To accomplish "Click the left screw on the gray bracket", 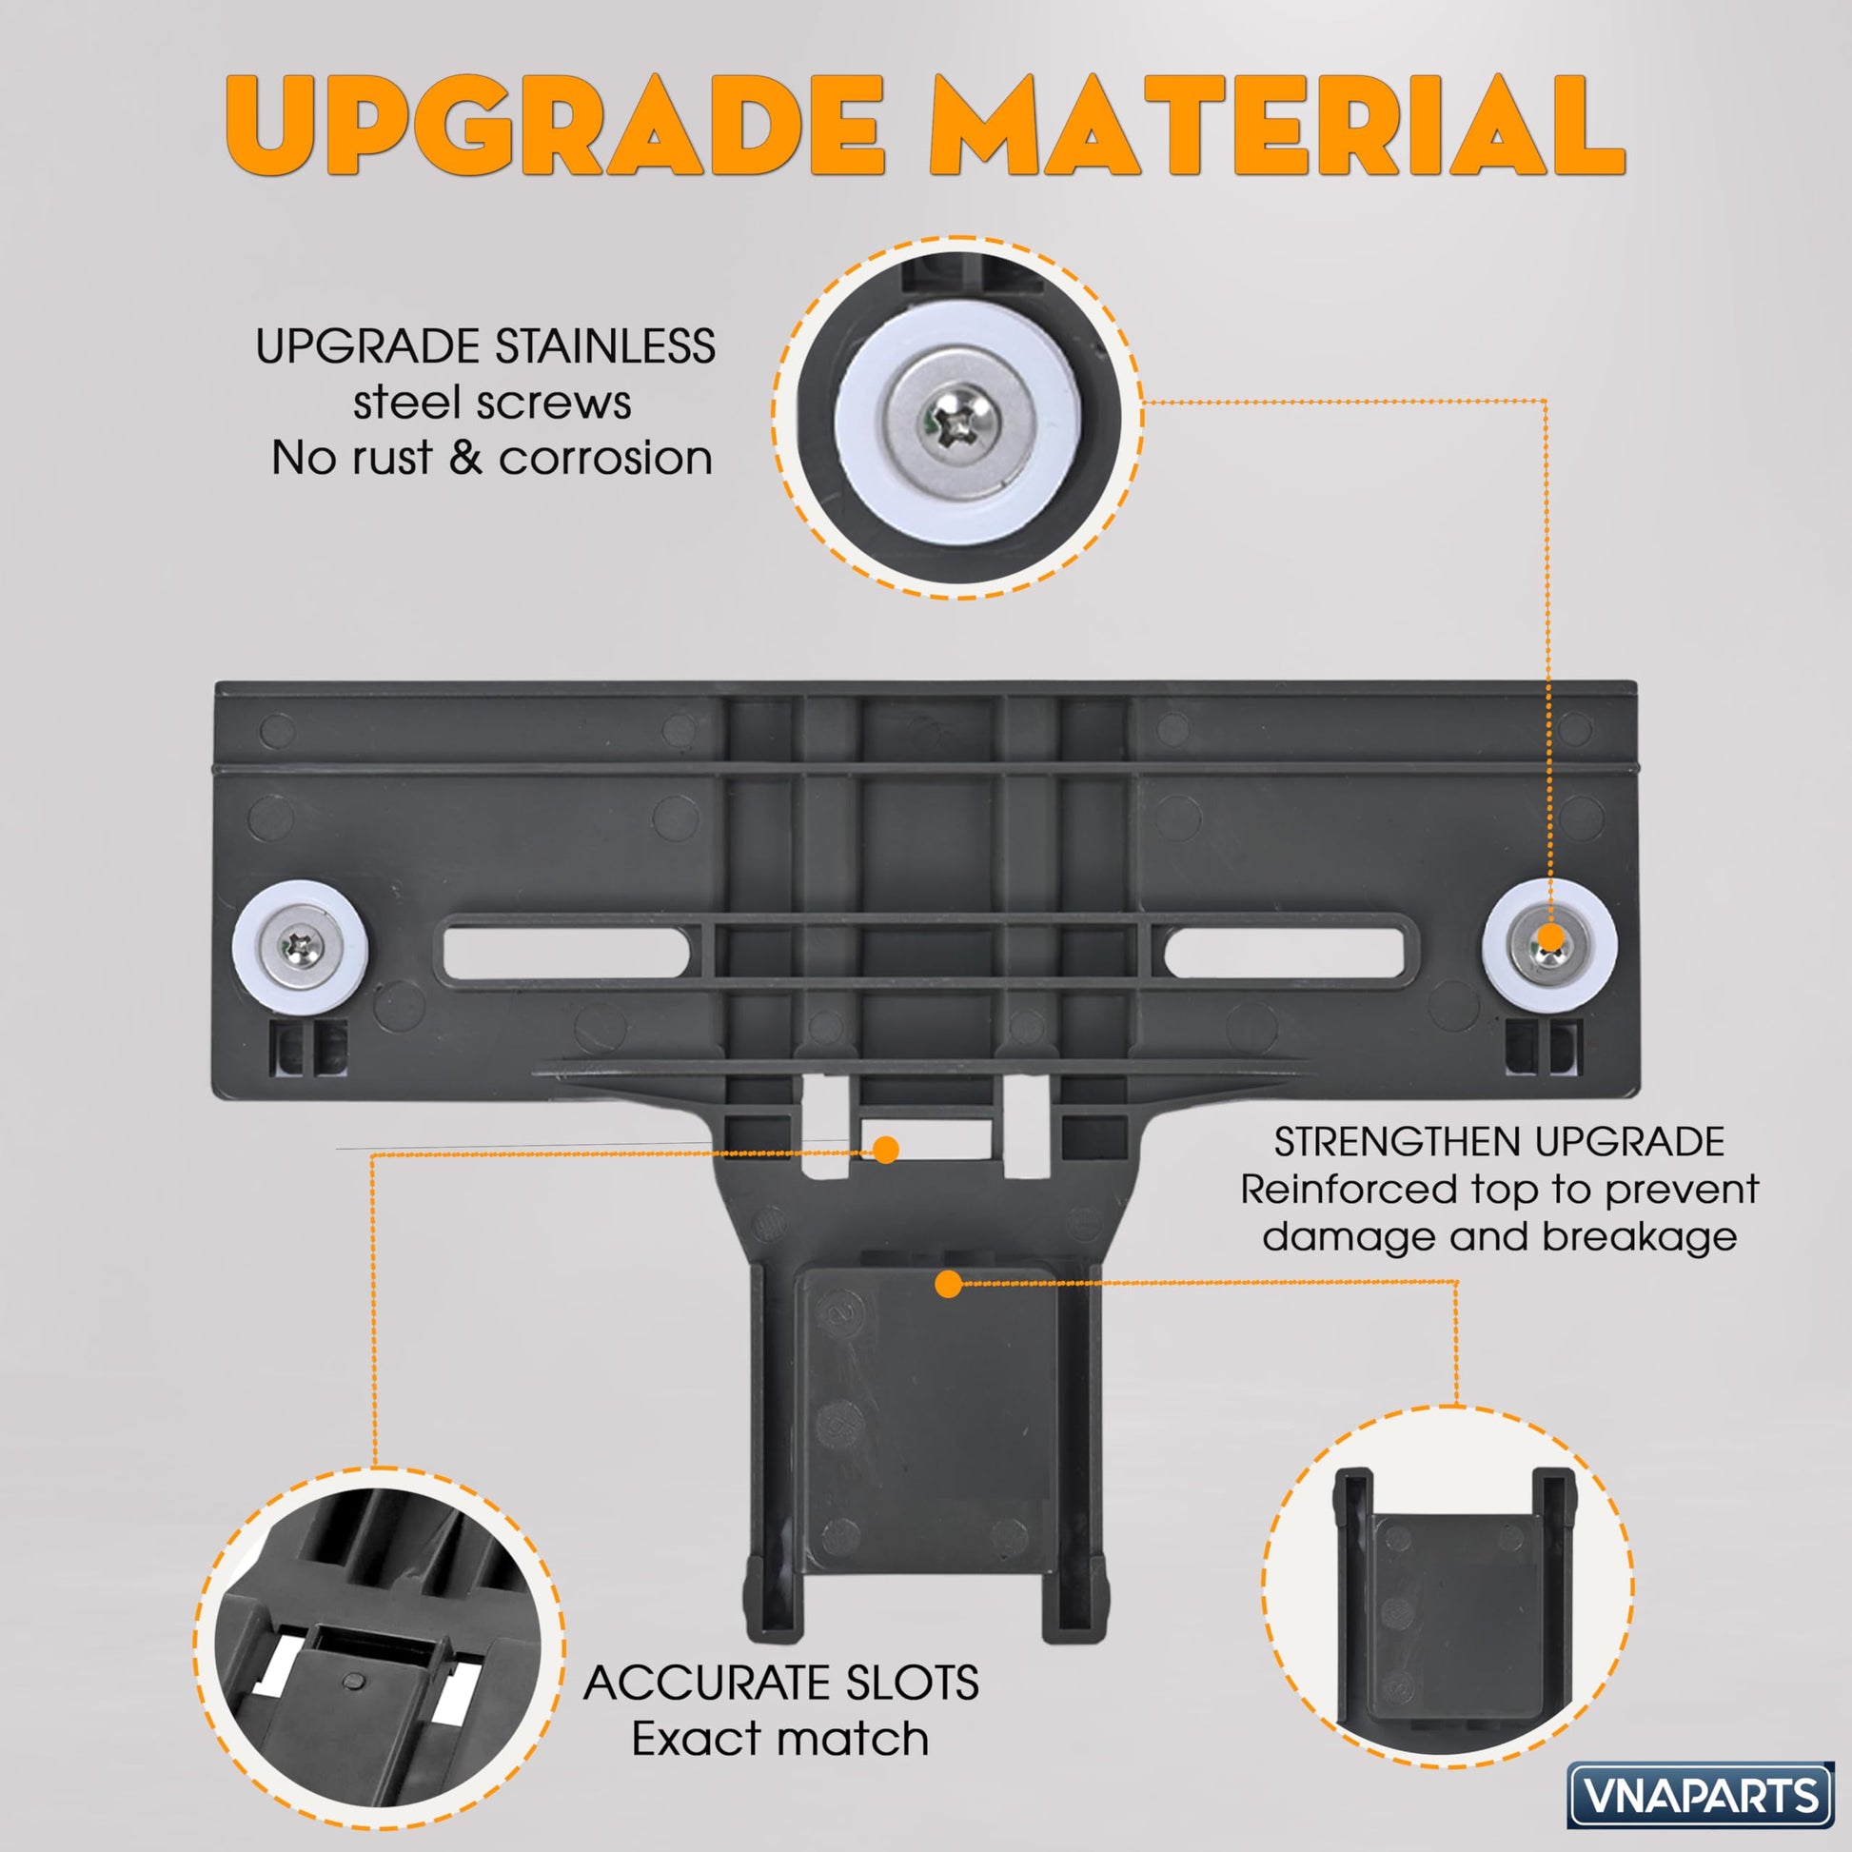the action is (x=300, y=948).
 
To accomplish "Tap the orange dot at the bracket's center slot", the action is (x=887, y=1150).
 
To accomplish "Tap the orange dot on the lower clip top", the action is (x=948, y=1285).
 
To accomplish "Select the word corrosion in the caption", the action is (x=606, y=457).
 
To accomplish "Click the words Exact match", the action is (x=780, y=1738).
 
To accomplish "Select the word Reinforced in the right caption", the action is (x=1349, y=1190).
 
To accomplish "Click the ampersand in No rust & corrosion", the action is (x=465, y=457).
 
